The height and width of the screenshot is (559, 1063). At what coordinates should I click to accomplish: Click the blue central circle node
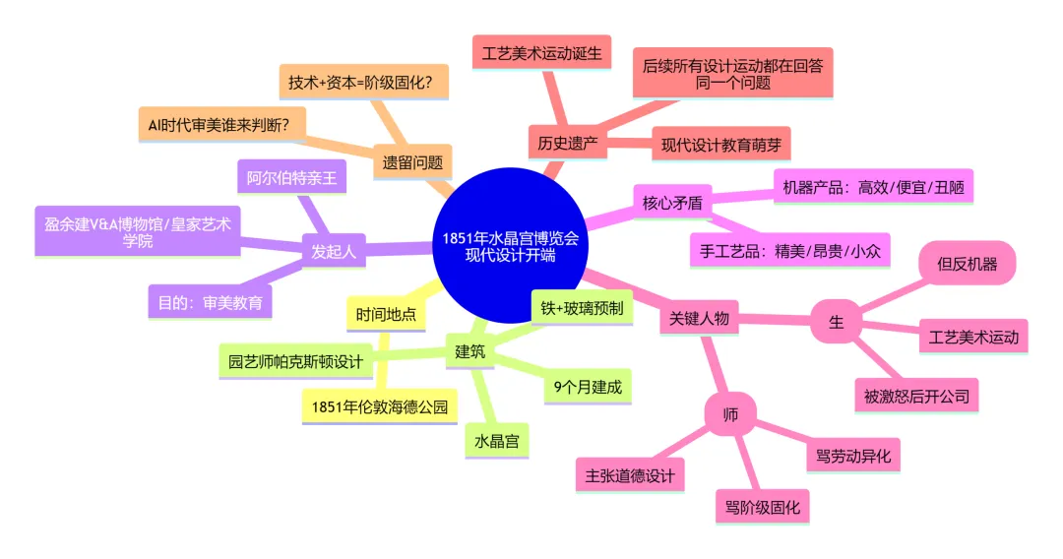tap(510, 246)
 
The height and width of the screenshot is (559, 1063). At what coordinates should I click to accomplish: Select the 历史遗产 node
tap(568, 143)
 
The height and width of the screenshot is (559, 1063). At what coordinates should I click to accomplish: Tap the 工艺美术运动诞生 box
tap(541, 51)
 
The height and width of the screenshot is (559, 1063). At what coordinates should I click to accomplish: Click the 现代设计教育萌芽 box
tap(720, 145)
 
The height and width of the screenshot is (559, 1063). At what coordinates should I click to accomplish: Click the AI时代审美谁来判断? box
tap(224, 124)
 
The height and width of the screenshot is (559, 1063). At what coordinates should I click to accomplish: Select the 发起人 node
tap(334, 251)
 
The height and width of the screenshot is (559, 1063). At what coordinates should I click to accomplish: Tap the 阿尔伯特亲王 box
tap(291, 178)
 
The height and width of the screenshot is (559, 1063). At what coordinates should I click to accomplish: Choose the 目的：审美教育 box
tap(210, 302)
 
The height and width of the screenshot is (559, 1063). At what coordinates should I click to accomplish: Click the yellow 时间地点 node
tap(386, 315)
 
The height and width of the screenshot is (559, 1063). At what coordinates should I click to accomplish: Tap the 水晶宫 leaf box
tap(497, 440)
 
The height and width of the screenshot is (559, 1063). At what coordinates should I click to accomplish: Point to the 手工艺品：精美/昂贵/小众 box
tap(790, 250)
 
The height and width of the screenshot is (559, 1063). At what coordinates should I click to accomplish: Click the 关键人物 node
tap(699, 318)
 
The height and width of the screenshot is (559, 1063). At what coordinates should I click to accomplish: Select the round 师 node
tap(730, 414)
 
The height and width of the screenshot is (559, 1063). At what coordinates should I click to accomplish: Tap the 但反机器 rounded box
tap(967, 264)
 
